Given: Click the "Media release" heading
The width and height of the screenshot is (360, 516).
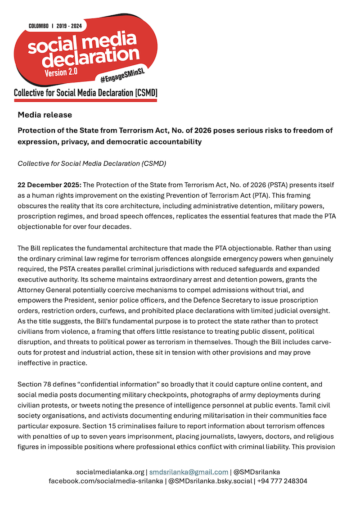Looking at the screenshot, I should [45, 115].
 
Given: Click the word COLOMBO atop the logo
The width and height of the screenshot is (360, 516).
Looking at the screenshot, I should [38, 26].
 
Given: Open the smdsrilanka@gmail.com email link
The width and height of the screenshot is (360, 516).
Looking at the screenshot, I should [189, 472].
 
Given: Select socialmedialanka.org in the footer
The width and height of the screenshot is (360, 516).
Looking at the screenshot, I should [111, 472].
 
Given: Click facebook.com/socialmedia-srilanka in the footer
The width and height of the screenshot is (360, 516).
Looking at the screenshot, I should [106, 481].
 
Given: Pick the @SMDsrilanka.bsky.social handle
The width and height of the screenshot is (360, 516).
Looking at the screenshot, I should [211, 481].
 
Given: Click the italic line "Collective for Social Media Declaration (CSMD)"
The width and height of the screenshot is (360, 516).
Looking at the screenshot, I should [92, 163].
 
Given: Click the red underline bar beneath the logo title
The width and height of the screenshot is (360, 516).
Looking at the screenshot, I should [85, 100].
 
